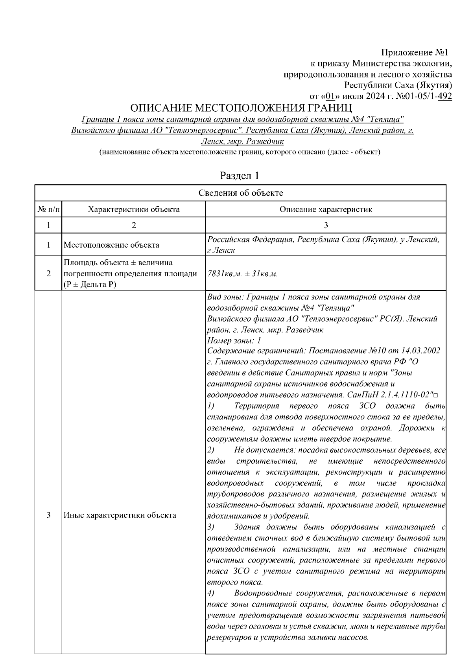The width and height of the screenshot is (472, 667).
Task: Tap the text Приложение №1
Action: pos(416,53)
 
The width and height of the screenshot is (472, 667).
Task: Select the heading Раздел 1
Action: pos(240,175)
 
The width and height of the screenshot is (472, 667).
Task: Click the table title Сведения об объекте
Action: pos(240,193)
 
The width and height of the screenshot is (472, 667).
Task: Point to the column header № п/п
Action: pos(48,209)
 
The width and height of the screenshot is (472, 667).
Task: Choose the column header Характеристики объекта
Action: pos(134,209)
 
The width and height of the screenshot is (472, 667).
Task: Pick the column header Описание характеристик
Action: pos(326,209)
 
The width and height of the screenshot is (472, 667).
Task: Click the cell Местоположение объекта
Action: pos(111,245)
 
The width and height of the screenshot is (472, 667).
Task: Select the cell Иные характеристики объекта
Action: pos(120,515)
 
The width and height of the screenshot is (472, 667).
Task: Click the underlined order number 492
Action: pos(445,96)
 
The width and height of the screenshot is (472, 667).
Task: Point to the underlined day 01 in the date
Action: pos(330,96)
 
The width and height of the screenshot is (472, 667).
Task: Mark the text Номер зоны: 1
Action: pos(234,340)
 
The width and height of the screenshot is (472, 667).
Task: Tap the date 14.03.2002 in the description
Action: pos(418,351)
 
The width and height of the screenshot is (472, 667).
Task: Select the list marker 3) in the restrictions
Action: pos(210,526)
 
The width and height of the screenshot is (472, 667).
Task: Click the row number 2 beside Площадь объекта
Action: pos(48,274)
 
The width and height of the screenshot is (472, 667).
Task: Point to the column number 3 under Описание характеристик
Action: pos(326,225)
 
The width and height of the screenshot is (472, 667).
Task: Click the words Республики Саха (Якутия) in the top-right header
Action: pos(398,85)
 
